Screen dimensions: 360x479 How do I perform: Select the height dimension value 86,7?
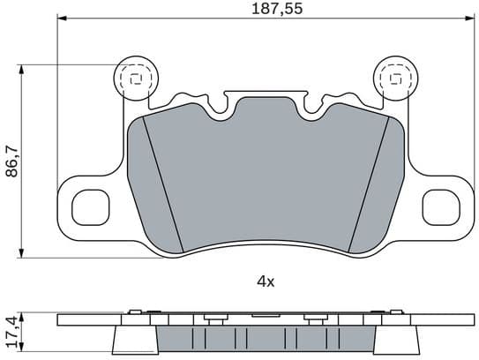click(12, 161)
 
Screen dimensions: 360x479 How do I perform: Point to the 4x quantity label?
click(266, 281)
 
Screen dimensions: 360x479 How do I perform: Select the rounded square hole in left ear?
click(88, 207)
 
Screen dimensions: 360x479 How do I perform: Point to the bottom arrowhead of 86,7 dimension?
click(21, 257)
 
